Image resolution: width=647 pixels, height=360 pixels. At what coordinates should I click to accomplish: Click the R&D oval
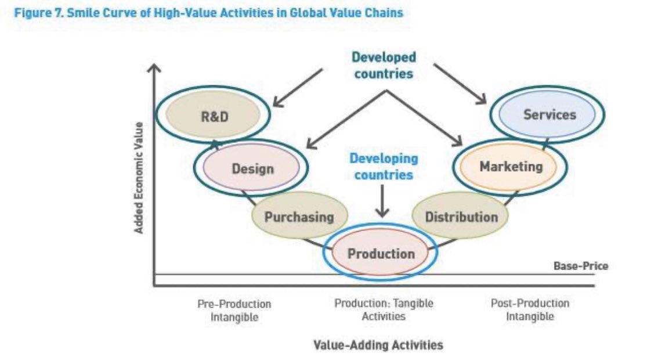coord(215,116)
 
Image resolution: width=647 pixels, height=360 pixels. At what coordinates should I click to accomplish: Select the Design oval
coord(252,168)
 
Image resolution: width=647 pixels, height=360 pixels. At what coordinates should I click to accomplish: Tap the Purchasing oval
coord(299,217)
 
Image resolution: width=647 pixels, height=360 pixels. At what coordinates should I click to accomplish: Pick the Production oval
coord(381,253)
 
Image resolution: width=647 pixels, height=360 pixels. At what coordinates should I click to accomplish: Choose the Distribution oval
coord(461,217)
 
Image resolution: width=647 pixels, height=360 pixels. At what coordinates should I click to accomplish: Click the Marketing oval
coord(510,167)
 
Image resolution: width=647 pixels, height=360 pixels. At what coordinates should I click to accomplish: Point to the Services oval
coord(548,114)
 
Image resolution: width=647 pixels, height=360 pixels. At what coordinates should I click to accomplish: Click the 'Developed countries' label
coord(383,65)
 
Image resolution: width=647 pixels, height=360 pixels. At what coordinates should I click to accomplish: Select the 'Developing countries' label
coord(383,166)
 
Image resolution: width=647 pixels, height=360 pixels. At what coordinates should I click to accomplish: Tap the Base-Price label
coord(580,266)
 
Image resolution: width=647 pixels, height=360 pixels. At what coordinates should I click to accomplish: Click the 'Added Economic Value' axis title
coord(139,177)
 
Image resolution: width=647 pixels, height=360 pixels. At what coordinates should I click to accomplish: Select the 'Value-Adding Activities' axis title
coord(378,345)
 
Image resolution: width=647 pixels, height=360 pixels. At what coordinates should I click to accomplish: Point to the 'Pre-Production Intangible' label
coord(234,310)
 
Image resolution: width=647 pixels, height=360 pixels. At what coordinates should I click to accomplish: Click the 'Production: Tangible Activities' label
coord(384,309)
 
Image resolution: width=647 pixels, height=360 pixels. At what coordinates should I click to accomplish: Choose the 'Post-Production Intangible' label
coord(530,309)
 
